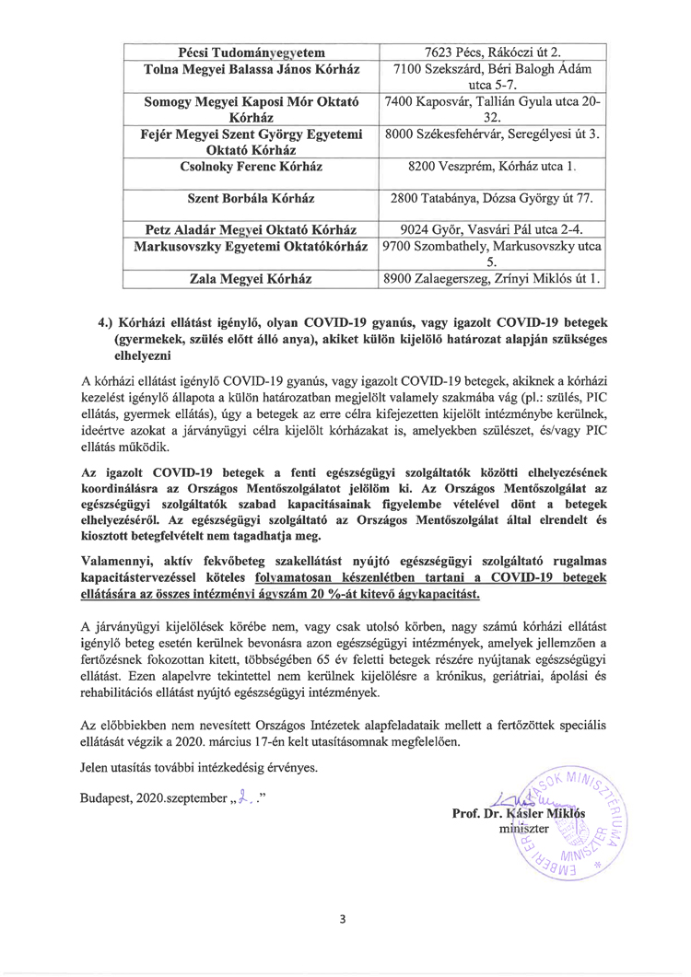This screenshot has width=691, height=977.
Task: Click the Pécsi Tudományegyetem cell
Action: [252, 52]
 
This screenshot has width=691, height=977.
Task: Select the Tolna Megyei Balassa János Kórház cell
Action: [252, 69]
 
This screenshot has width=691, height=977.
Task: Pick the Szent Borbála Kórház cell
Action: [252, 197]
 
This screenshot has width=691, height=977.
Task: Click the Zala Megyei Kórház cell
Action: [252, 277]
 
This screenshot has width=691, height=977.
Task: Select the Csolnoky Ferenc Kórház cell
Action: [252, 168]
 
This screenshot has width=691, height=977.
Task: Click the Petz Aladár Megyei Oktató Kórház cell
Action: [252, 227]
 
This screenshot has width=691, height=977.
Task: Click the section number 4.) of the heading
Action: [106, 324]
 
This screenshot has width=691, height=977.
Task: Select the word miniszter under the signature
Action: [523, 829]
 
